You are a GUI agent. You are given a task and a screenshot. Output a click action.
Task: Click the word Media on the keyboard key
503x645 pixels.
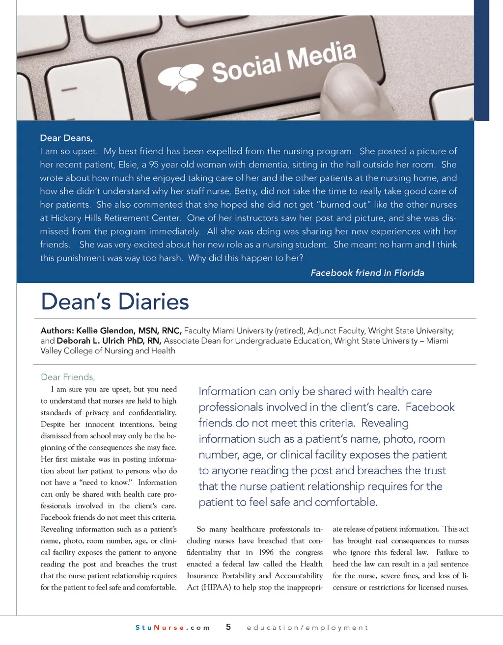[321, 55]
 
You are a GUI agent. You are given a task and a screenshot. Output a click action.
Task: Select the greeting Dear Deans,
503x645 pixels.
[66, 138]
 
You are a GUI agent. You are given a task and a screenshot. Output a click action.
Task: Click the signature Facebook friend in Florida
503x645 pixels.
[367, 273]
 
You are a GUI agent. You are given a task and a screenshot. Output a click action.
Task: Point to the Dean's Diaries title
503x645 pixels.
[115, 301]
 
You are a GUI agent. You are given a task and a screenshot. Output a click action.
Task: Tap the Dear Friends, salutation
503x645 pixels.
[68, 377]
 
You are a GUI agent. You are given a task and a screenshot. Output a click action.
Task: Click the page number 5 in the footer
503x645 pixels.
[228, 627]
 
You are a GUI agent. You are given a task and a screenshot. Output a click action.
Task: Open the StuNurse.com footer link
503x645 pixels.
[172, 627]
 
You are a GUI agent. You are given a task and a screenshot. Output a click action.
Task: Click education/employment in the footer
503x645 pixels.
[307, 627]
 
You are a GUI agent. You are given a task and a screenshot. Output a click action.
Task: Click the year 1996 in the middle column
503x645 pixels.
[266, 552]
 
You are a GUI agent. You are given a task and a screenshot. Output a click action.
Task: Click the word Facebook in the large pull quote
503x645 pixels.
[430, 407]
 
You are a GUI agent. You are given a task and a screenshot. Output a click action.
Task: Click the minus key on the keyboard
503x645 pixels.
[69, 90]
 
